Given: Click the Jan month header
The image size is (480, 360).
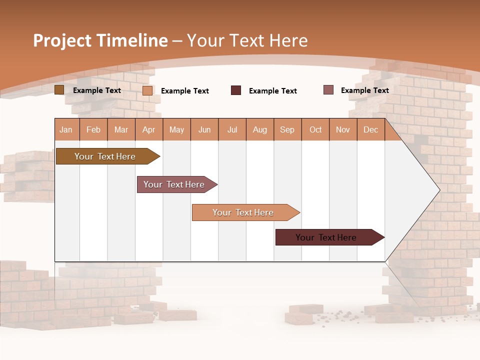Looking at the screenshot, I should [x=66, y=129].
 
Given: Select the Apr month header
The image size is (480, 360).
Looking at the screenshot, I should [x=149, y=129].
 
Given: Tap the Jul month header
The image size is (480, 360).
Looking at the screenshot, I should [x=232, y=129].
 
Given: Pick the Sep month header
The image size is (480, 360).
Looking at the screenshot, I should [x=287, y=129].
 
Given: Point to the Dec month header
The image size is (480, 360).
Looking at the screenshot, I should [x=370, y=129].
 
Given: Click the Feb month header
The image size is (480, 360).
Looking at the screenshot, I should [x=93, y=129].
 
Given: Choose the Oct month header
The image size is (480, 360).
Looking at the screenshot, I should [x=315, y=129].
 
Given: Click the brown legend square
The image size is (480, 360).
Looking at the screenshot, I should [x=59, y=90].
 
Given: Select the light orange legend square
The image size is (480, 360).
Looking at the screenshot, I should [x=147, y=90].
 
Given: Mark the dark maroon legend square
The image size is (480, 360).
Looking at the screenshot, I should [x=236, y=90].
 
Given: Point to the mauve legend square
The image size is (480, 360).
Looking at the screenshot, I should [x=328, y=90].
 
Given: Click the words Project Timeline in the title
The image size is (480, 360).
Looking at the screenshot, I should [x=100, y=40].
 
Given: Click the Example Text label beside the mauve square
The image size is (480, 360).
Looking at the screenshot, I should [x=364, y=90].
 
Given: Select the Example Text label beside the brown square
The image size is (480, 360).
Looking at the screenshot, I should [x=97, y=90].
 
